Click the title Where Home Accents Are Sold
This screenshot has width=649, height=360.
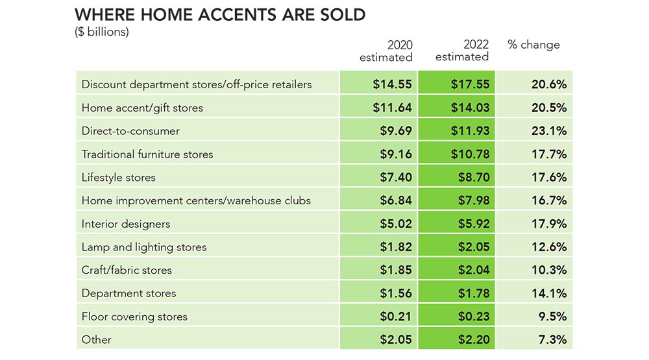(220, 15)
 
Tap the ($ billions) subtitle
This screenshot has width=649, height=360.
(102, 32)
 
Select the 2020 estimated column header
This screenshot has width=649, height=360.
(386, 51)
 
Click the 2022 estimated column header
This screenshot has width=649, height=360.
(462, 51)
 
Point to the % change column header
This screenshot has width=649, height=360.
(533, 45)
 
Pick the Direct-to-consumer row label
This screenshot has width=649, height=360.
(130, 131)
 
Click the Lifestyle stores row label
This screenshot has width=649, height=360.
(118, 177)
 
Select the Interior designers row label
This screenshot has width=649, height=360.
(126, 224)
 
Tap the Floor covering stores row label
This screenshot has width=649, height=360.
(134, 317)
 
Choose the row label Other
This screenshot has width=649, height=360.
(97, 340)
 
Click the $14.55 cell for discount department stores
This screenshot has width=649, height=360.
(392, 84)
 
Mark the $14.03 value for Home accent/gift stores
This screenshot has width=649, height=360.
(470, 108)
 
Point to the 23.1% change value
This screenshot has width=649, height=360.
(549, 131)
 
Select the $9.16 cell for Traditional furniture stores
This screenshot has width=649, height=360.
(396, 154)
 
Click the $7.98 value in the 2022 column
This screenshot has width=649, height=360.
(474, 200)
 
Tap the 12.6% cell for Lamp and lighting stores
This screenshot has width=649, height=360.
(549, 247)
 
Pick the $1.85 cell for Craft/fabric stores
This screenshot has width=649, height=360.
(396, 270)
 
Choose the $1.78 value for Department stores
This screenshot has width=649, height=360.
(474, 293)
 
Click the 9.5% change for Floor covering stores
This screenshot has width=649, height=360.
(552, 317)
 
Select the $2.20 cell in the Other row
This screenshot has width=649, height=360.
(474, 340)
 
